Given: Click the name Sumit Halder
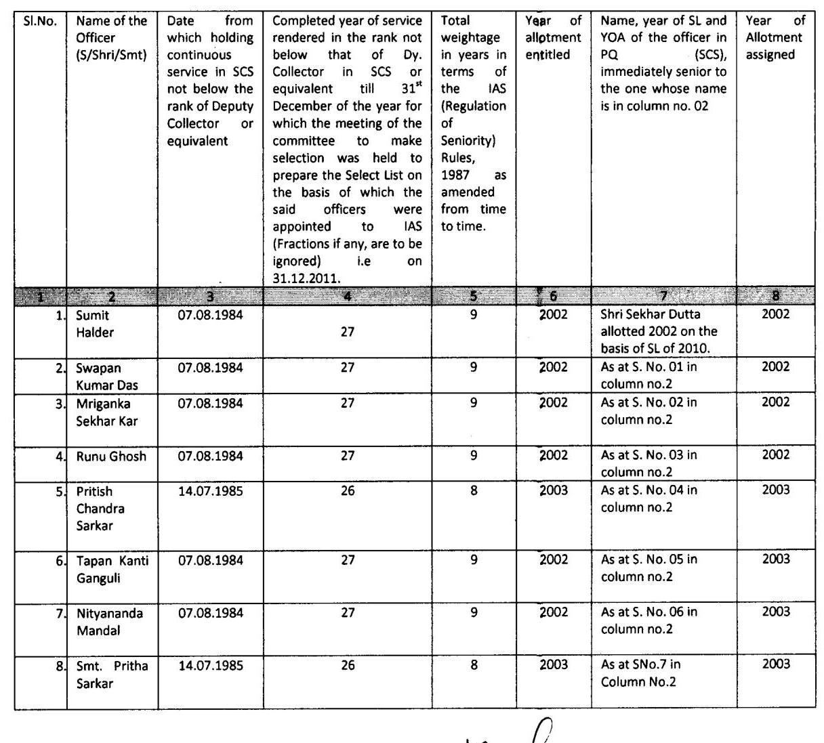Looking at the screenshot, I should [95, 324].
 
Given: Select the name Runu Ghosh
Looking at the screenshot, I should [111, 457].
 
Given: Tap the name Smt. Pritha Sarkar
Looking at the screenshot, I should [112, 675].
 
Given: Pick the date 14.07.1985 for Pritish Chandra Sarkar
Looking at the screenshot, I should [210, 491].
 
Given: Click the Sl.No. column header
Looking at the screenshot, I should [40, 21].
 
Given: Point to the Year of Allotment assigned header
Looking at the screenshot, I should [775, 38].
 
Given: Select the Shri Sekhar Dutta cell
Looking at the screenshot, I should [659, 331].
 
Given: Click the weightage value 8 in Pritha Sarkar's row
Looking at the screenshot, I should [474, 665].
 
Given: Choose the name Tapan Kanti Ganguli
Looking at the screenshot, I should [112, 569].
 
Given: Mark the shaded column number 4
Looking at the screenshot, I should [347, 296].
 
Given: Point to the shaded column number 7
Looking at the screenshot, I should [663, 296].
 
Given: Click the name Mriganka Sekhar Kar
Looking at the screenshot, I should [106, 412].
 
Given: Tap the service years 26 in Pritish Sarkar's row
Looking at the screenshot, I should [348, 491].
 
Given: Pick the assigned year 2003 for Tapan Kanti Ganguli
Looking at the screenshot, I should [776, 559].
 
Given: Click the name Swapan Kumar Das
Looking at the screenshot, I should [107, 377].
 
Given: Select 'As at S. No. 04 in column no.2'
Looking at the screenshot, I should [648, 498].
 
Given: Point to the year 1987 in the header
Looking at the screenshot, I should [454, 175].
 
